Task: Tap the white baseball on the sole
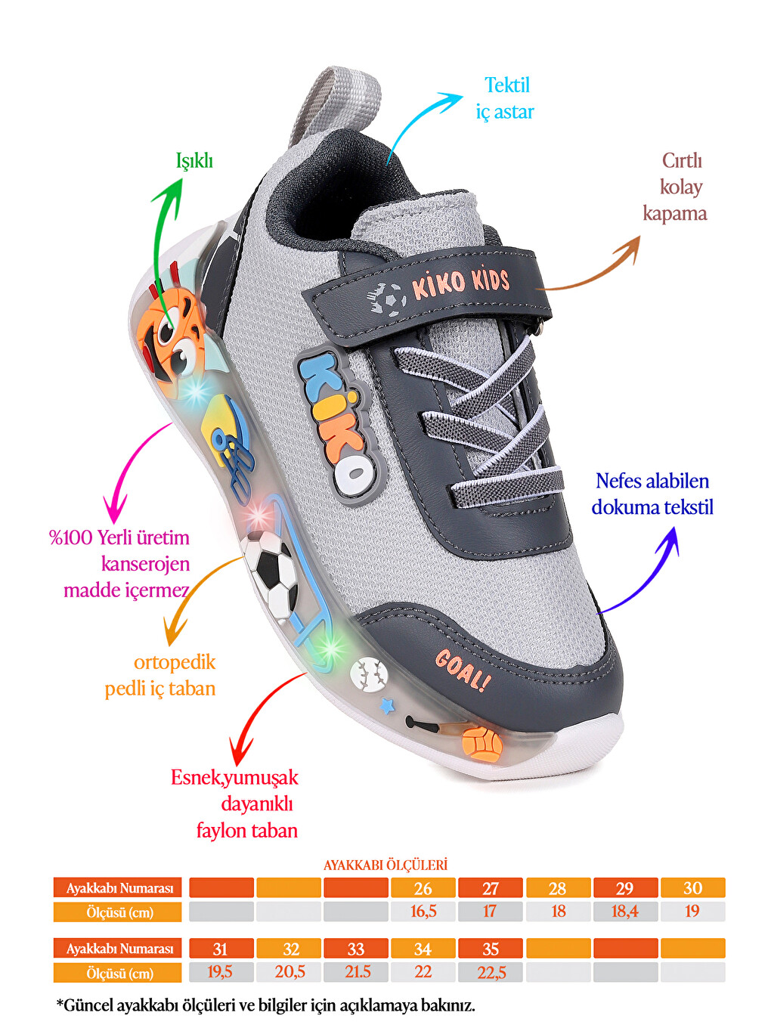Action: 369,674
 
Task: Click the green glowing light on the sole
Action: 330,649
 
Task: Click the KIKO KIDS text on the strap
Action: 460,283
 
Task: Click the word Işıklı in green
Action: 194,161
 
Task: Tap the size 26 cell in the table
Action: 423,887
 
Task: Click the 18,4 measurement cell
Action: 626,912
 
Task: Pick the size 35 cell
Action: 491,949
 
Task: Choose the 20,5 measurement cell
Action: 290,972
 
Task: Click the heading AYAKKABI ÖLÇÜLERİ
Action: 385,865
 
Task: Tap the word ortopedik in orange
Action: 175,663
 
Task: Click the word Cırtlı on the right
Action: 682,161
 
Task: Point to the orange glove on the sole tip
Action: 482,743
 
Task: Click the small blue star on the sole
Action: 388,706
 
